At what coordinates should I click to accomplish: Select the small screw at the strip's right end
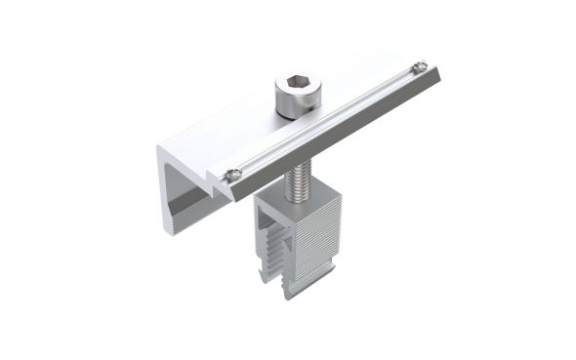click(x=419, y=67)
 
